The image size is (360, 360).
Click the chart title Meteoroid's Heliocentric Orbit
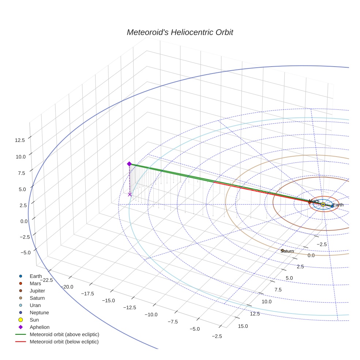click(x=180, y=32)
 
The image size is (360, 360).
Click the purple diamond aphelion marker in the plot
click(x=129, y=164)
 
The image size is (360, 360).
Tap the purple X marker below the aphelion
click(x=130, y=195)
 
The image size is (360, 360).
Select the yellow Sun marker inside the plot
click(x=323, y=205)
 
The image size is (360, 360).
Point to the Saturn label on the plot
click(x=287, y=251)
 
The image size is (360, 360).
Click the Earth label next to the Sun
click(x=338, y=205)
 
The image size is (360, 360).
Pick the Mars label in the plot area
click(x=314, y=201)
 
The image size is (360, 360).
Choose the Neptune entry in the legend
click(x=39, y=312)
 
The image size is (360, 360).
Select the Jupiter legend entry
click(x=37, y=290)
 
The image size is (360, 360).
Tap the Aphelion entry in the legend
click(x=40, y=327)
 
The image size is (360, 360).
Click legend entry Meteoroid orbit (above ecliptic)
click(x=64, y=334)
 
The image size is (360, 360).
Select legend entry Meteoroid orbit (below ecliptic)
click(x=64, y=342)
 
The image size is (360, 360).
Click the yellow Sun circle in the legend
click(x=21, y=320)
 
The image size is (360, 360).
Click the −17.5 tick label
click(x=87, y=293)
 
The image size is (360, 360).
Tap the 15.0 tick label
click(x=243, y=326)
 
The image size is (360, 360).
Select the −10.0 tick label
click(x=151, y=315)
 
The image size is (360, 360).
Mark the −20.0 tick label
click(x=67, y=286)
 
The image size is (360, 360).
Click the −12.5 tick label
click(x=130, y=307)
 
